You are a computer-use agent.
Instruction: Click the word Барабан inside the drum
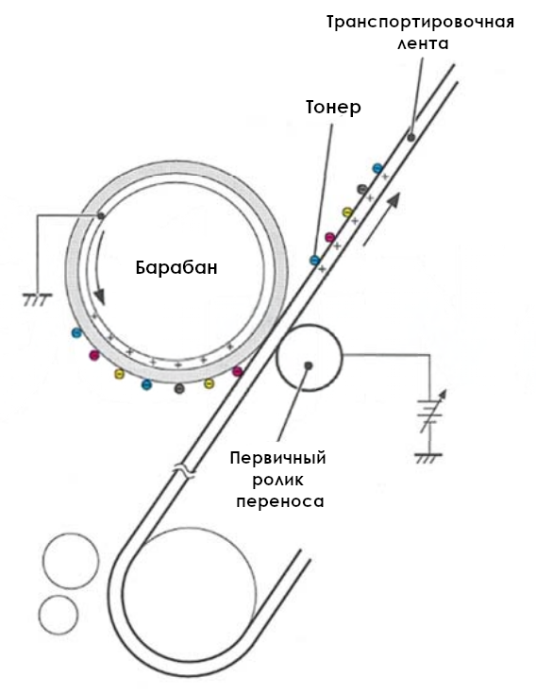pyautogui.click(x=176, y=268)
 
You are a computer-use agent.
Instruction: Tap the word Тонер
pyautogui.click(x=333, y=107)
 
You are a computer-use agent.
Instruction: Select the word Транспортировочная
pyautogui.click(x=421, y=22)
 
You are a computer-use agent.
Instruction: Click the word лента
pyautogui.click(x=423, y=43)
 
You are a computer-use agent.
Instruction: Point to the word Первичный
pyautogui.click(x=277, y=458)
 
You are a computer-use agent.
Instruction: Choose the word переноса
pyautogui.click(x=280, y=502)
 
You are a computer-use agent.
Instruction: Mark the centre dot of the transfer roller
pyautogui.click(x=309, y=365)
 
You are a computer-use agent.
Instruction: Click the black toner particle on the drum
pyautogui.click(x=179, y=389)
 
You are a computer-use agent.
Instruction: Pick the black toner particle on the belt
pyautogui.click(x=361, y=190)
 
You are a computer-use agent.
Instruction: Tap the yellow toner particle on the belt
pyautogui.click(x=347, y=212)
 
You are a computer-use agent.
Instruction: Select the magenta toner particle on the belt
pyautogui.click(x=330, y=237)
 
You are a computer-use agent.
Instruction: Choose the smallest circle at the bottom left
pyautogui.click(x=59, y=615)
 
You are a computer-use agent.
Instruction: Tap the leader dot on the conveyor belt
pyautogui.click(x=410, y=137)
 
